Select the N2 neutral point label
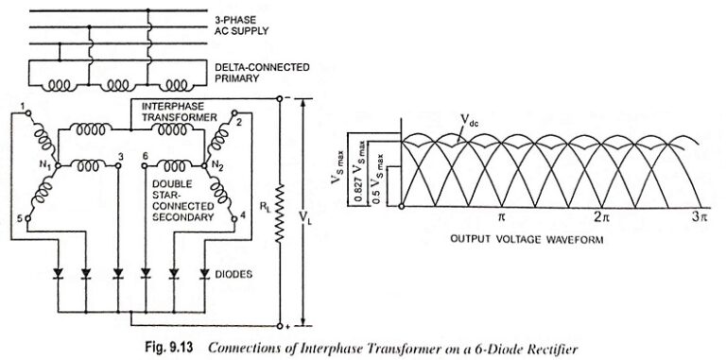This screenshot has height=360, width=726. tap(220, 163)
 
